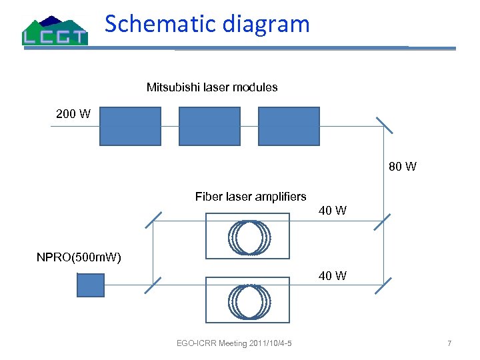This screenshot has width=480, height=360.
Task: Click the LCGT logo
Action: tap(55, 31)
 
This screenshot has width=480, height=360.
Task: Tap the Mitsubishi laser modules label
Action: tap(212, 87)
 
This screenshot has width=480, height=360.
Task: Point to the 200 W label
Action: tap(73, 114)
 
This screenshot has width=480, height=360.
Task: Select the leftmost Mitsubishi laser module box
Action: tap(130, 126)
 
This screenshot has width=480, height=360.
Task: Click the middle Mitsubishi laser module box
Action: tap(209, 126)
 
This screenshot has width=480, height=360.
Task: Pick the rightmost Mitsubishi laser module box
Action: tap(289, 126)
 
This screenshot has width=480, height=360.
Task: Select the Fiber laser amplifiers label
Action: tap(251, 197)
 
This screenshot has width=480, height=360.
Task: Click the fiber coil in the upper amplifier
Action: tap(249, 236)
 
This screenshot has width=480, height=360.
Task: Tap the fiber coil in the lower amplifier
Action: tap(249, 301)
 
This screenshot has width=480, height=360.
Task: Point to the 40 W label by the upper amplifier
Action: tap(333, 211)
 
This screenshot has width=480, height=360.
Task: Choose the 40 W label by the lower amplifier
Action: tap(333, 276)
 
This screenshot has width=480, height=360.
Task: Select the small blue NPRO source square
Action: tap(91, 285)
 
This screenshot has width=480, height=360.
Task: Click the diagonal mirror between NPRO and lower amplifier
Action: tap(153, 284)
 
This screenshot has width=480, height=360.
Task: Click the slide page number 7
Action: tap(449, 344)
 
